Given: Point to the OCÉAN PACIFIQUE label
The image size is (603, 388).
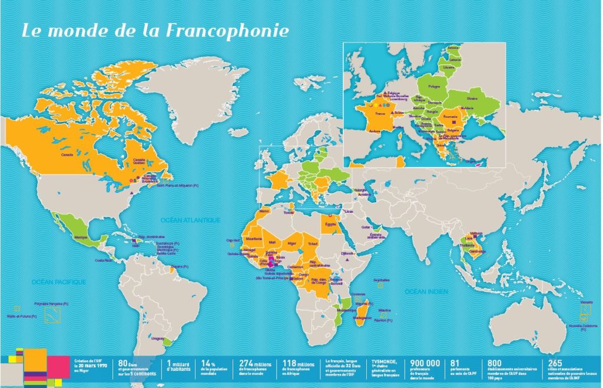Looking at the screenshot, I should coord(59,282).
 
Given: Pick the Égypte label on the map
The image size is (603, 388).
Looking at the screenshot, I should coord(329,224).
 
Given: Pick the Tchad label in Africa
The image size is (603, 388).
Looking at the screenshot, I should coord(312,242).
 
